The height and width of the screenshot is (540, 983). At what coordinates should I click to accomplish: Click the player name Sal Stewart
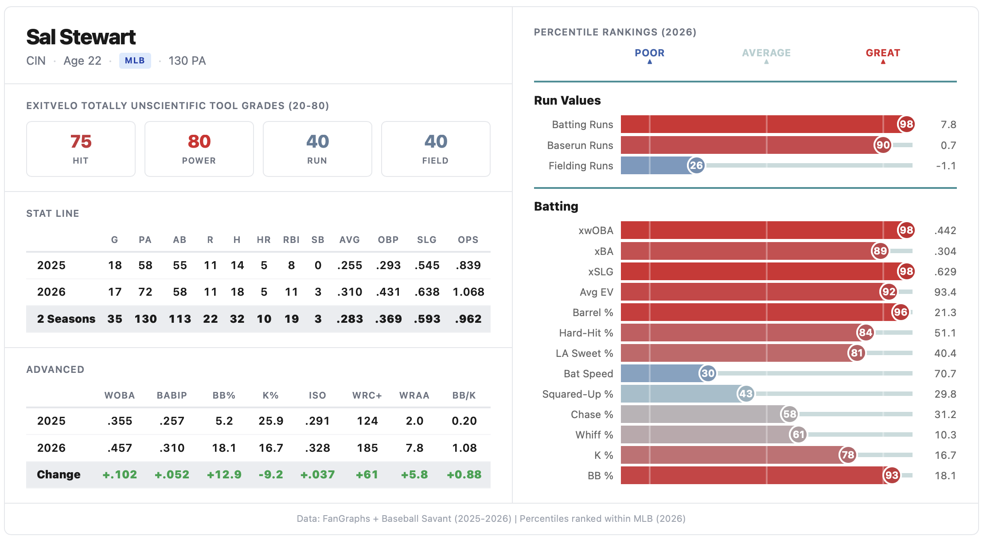click(x=81, y=37)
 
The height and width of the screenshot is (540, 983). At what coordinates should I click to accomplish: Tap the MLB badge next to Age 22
click(x=135, y=61)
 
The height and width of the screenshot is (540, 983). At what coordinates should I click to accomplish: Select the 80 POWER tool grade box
click(x=199, y=149)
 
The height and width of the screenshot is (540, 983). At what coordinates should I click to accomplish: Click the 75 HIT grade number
click(x=81, y=142)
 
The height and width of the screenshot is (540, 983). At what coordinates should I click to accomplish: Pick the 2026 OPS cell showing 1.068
click(x=468, y=292)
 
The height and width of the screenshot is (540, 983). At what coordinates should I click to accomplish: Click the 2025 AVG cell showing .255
click(x=350, y=266)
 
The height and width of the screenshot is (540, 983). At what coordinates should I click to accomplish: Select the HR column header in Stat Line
click(x=264, y=240)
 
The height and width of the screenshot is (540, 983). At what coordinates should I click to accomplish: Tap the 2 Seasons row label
click(x=66, y=319)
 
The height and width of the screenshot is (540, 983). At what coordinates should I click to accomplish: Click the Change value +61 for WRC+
click(x=367, y=475)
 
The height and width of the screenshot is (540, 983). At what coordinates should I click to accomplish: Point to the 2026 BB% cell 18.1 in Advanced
click(x=224, y=448)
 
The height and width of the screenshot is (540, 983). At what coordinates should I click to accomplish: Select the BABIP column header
click(x=172, y=395)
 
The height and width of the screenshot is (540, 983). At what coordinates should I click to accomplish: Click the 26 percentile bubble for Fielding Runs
click(x=696, y=166)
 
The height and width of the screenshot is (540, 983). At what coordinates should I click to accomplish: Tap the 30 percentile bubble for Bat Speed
click(x=708, y=374)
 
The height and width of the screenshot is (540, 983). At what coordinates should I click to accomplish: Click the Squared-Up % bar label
click(x=577, y=394)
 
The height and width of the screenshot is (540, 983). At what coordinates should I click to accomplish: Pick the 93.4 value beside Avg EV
click(x=945, y=292)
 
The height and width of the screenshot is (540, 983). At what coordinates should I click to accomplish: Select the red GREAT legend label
click(x=883, y=53)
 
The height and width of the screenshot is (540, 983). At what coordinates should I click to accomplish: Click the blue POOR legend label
click(x=649, y=53)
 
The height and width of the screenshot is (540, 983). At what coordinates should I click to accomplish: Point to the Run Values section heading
click(x=567, y=101)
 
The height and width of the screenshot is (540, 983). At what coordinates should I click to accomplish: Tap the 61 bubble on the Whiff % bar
click(x=798, y=435)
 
